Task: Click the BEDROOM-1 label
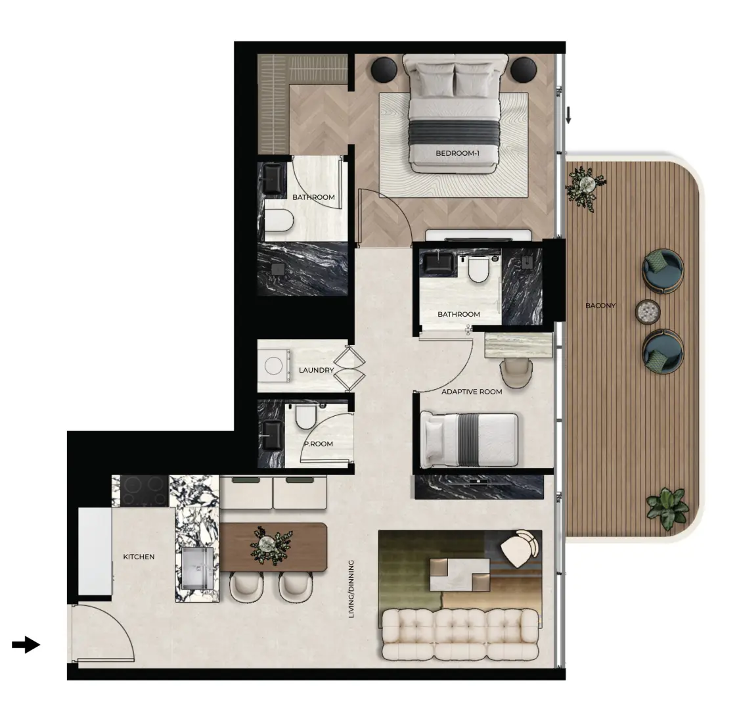point(457,153)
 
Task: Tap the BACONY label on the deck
point(600,306)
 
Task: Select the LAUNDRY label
point(316,370)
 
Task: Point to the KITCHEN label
point(139,557)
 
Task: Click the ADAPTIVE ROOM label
point(472,392)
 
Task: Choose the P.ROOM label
point(319,444)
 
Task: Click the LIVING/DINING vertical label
point(351,589)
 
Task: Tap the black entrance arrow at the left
point(26,644)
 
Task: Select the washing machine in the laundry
point(274,365)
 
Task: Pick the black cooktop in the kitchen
point(145,491)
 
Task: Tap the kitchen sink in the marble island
point(198,569)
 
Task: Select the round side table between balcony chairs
point(648,312)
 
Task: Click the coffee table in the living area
point(460,574)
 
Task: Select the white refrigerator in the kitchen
point(95,551)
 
